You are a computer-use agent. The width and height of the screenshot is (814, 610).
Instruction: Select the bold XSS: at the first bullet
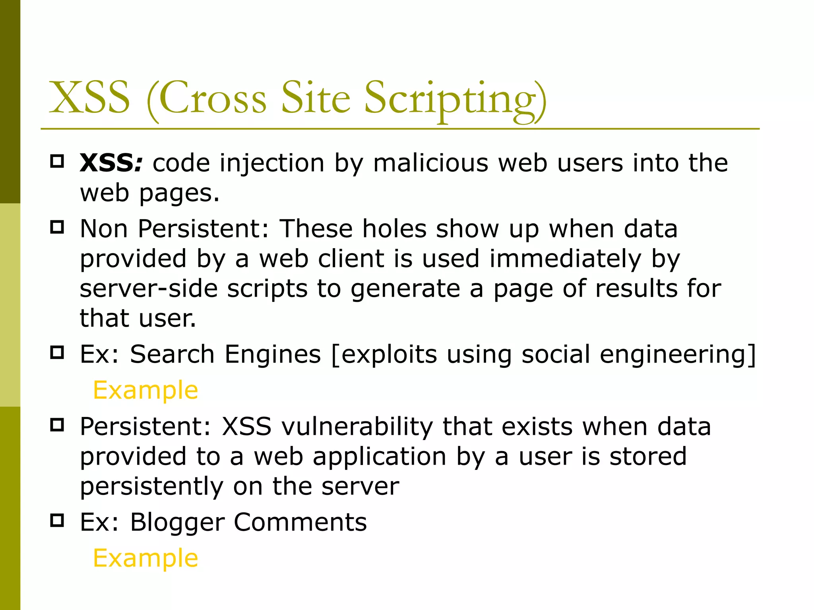(x=111, y=163)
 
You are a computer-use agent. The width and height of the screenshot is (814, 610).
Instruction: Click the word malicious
(x=430, y=163)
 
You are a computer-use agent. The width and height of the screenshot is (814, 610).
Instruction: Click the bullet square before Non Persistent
(x=57, y=227)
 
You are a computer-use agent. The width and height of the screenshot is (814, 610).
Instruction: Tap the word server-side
(x=148, y=289)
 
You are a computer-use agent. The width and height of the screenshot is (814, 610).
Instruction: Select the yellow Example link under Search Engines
(x=145, y=390)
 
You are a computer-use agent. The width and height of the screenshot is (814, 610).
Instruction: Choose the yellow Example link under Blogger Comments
(x=145, y=558)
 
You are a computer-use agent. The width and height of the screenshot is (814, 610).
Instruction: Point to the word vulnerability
(x=357, y=427)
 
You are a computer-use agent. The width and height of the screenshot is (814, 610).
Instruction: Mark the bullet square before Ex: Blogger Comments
(x=57, y=520)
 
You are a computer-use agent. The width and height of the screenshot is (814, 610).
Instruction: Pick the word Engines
(x=273, y=355)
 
